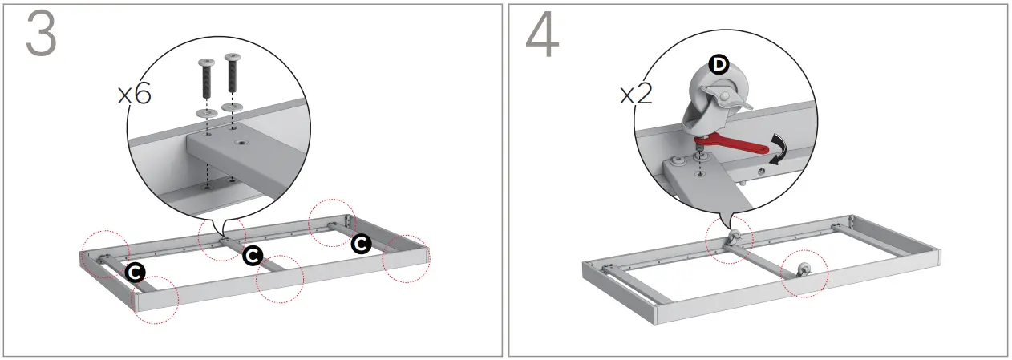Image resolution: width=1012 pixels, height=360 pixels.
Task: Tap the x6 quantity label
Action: pos(135,95)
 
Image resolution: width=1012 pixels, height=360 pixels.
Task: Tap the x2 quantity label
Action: pos(636,95)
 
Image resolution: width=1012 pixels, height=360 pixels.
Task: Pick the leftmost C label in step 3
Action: pos(136,273)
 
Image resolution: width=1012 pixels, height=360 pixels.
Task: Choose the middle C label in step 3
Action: pos(252,255)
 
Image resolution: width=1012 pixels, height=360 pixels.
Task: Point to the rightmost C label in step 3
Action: pos(361,243)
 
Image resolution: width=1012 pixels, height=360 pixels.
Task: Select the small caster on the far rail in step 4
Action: pos(734,237)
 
